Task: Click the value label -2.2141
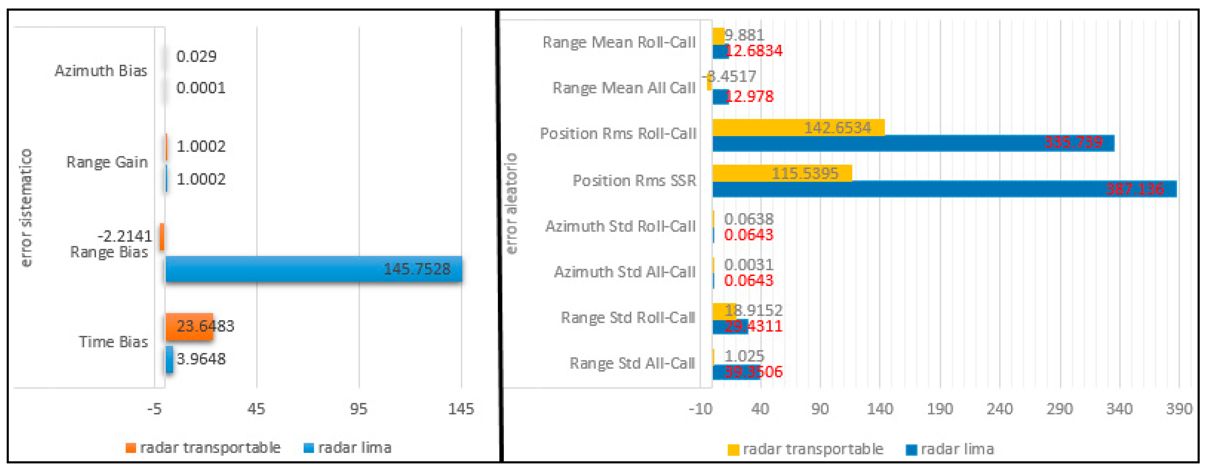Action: click(x=125, y=236)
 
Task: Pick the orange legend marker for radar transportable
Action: click(x=131, y=448)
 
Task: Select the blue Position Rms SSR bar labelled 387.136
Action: click(x=944, y=189)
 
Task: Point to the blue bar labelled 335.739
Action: click(x=913, y=143)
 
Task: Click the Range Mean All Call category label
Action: click(x=624, y=88)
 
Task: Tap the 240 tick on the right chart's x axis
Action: click(x=999, y=409)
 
